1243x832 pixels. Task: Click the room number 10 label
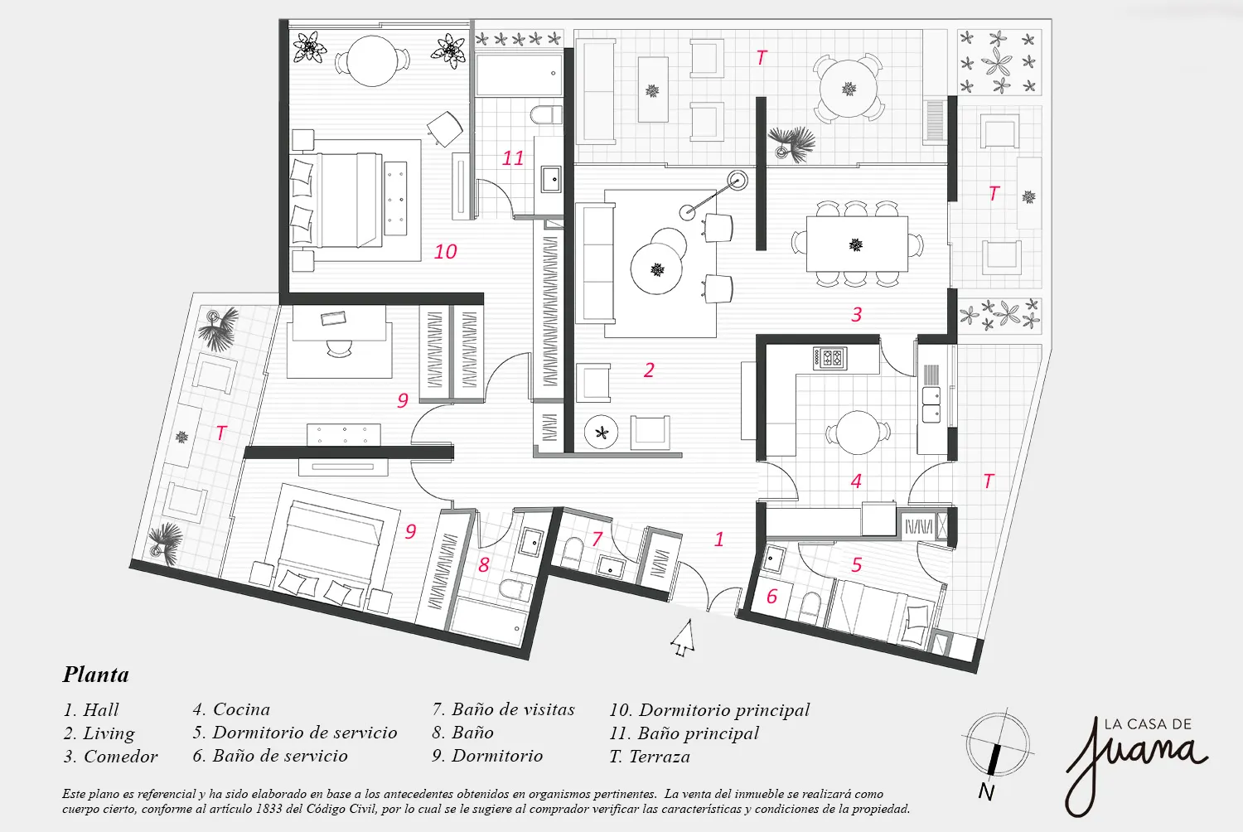[445, 251]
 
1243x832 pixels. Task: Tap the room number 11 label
[513, 157]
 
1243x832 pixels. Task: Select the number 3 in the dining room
[857, 314]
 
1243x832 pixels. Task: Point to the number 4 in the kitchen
[856, 481]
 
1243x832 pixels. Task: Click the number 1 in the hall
[718, 539]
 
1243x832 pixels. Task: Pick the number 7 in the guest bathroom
[597, 539]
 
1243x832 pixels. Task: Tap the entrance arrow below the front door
[682, 638]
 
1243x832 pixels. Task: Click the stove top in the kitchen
[829, 357]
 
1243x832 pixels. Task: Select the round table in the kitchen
[858, 433]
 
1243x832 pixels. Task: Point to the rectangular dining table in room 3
[856, 244]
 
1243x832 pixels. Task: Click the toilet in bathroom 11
[544, 114]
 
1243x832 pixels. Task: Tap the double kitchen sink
[931, 401]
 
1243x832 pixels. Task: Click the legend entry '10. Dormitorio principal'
[709, 710]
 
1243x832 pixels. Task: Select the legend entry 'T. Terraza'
[649, 757]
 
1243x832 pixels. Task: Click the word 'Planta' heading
[96, 675]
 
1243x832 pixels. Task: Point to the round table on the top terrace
[849, 88]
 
